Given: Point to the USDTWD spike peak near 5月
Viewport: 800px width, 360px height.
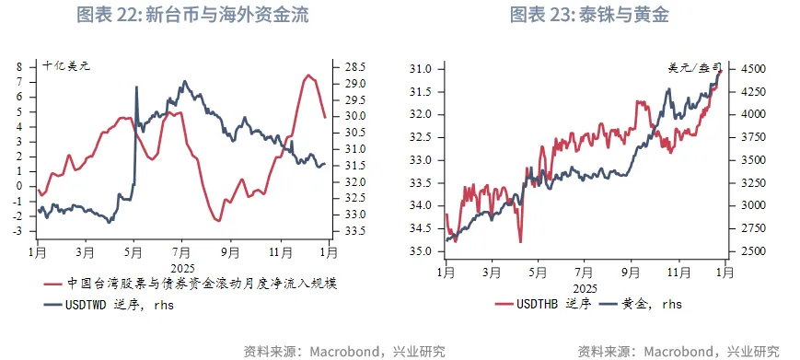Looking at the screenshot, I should [136, 87].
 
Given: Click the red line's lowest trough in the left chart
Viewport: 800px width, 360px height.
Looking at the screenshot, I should [218, 221].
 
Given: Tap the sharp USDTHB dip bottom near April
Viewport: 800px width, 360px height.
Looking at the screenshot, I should [521, 241].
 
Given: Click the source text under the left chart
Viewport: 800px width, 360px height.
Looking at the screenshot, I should [343, 351].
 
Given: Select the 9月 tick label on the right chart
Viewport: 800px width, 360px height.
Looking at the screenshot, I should [631, 272].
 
